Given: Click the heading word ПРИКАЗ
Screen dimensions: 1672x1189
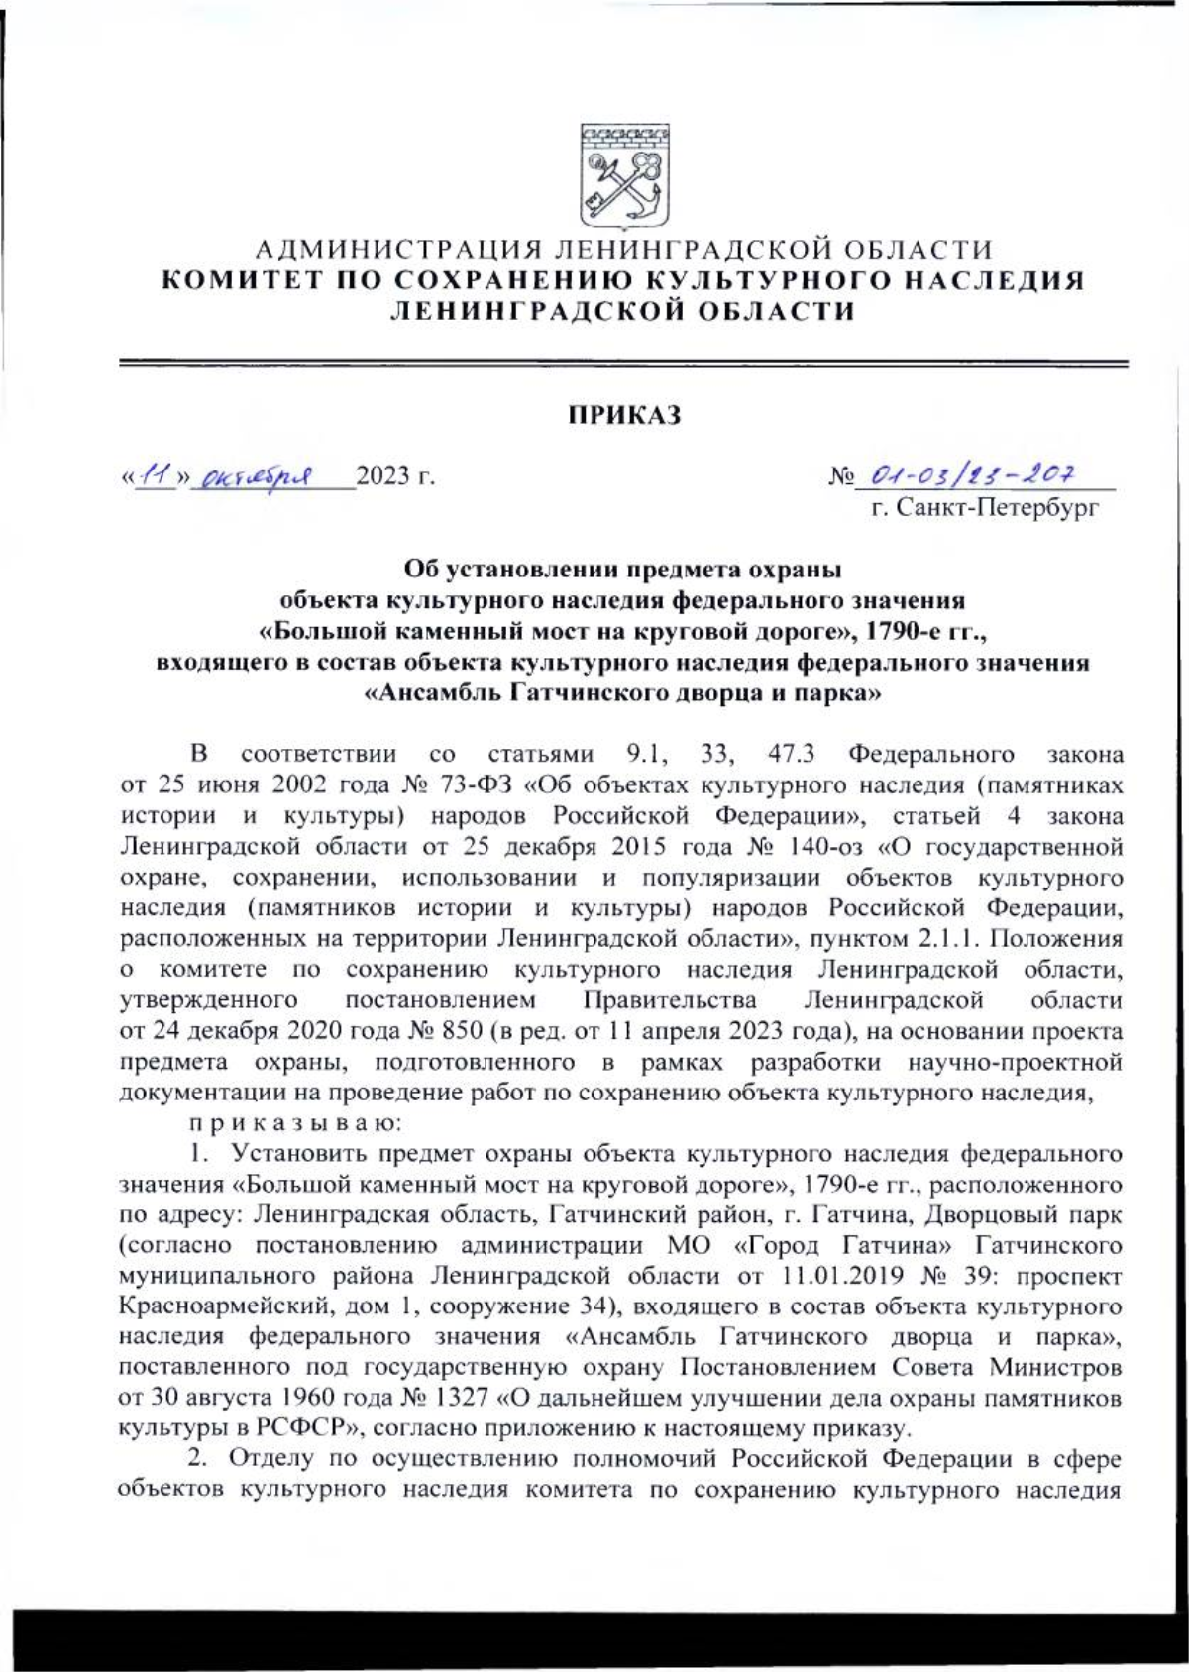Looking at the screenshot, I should tap(623, 415).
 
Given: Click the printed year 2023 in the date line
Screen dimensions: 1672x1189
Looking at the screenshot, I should tap(382, 477).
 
